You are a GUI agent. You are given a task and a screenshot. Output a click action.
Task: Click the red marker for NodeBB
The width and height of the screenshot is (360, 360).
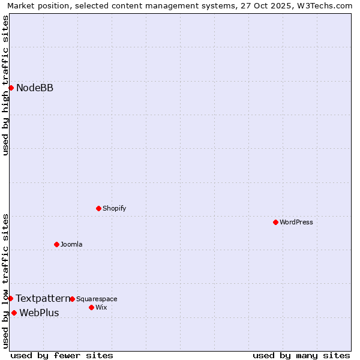click(x=11, y=88)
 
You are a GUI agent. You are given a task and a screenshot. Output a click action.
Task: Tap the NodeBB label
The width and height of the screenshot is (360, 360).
click(x=35, y=88)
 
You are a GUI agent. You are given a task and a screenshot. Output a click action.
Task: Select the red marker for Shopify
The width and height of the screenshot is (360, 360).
click(x=98, y=208)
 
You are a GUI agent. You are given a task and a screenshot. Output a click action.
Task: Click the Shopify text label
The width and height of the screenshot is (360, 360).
click(x=114, y=208)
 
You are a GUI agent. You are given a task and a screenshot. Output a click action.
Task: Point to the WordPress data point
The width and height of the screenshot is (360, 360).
click(x=275, y=222)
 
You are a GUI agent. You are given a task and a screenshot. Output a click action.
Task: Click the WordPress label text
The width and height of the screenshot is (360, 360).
click(x=296, y=222)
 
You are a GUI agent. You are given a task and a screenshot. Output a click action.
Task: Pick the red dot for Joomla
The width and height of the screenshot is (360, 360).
click(x=56, y=244)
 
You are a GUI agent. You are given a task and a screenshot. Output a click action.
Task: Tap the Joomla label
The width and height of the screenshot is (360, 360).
click(x=71, y=244)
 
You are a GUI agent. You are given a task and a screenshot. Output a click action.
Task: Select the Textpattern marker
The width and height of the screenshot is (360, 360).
click(x=10, y=298)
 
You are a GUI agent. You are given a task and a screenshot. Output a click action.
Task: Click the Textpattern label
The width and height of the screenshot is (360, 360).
click(x=43, y=298)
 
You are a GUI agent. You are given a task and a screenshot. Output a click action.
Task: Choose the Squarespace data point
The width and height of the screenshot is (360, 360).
click(x=72, y=299)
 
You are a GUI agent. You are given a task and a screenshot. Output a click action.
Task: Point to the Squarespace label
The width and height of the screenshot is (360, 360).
click(x=97, y=299)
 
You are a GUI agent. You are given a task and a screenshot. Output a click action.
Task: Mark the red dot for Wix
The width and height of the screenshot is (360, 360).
click(x=91, y=307)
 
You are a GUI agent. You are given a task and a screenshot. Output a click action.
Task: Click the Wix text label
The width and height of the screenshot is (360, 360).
click(x=101, y=307)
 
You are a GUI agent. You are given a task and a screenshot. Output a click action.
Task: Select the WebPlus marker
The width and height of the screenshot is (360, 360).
click(x=14, y=313)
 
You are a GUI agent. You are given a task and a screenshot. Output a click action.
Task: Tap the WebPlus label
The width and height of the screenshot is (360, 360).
click(x=39, y=313)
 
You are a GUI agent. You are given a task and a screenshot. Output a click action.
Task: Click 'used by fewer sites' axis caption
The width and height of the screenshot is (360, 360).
click(x=62, y=355)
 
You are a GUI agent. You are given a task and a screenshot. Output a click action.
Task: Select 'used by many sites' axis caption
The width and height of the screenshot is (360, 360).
click(x=301, y=355)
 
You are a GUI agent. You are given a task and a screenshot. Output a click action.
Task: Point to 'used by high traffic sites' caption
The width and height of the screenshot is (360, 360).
click(x=5, y=85)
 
